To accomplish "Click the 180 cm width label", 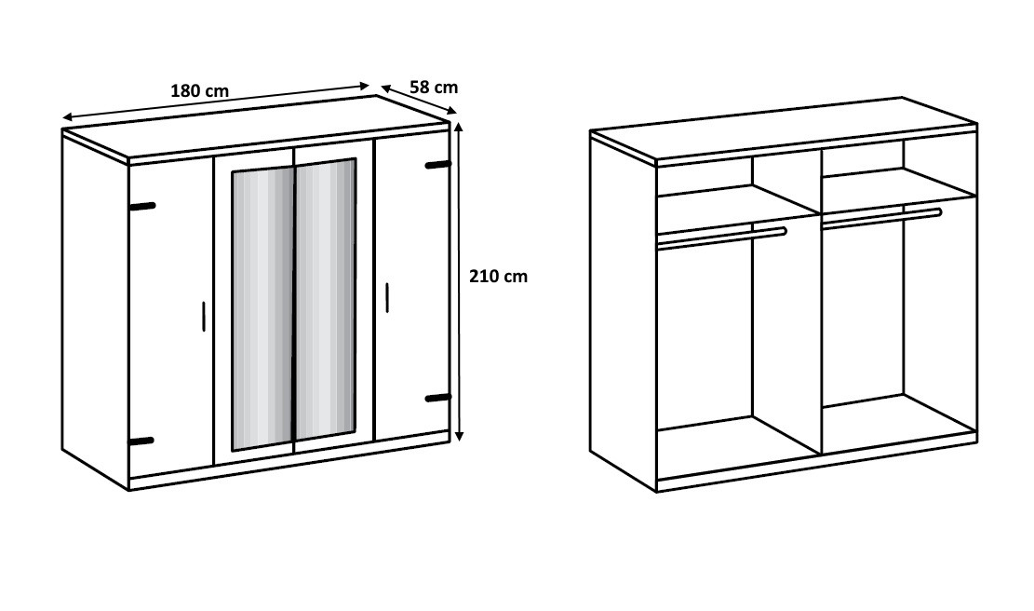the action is [x=200, y=90].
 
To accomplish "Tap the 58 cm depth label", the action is [x=434, y=88].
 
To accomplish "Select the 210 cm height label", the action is [x=499, y=277].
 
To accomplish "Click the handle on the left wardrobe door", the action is [x=205, y=316].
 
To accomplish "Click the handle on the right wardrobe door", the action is [x=387, y=297].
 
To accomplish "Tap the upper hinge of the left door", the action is [x=143, y=207].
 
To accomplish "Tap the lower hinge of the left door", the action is [x=141, y=441].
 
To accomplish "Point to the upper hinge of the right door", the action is [x=437, y=164].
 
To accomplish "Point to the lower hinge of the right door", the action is [x=437, y=399].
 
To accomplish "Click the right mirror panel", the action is [x=326, y=297].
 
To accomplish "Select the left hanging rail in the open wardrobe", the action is [x=722, y=238].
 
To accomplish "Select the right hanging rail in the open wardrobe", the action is [x=881, y=218].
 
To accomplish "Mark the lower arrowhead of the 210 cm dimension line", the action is [x=459, y=435].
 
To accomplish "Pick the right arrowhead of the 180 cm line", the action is [x=364, y=85].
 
